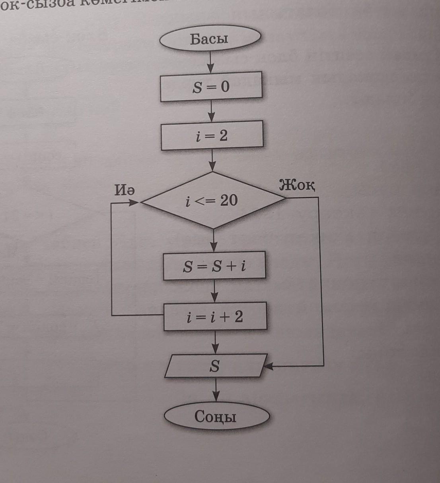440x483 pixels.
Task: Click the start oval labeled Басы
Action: coord(210,39)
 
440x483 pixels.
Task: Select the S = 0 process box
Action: coord(211,86)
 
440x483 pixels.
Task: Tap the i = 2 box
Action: coord(212,136)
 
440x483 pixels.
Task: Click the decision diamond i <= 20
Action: coord(213,200)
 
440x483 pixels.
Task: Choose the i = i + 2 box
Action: coord(215,317)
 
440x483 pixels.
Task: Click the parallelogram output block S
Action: coord(215,366)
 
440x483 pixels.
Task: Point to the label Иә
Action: coord(125,190)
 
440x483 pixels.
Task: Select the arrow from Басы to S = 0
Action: coord(210,62)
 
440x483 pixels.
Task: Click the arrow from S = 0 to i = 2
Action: coord(211,111)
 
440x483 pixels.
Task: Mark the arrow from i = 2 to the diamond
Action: coord(212,161)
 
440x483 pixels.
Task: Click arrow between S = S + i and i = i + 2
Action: coord(214,291)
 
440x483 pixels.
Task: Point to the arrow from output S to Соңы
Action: coord(216,390)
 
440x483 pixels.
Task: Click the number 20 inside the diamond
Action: coord(229,200)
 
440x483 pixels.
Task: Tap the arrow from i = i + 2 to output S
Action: coord(215,342)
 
